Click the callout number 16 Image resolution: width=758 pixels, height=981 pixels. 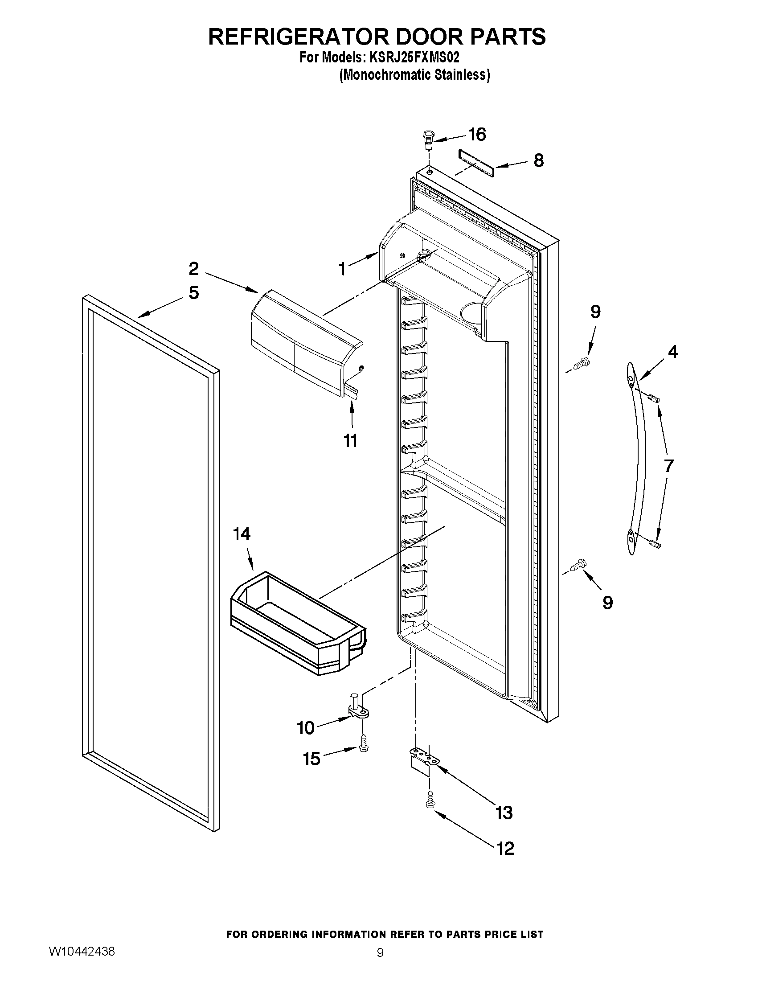477,134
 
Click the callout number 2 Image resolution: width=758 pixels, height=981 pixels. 193,269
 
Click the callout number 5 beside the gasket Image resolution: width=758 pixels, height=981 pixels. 193,293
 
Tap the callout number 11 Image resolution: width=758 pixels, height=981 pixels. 351,441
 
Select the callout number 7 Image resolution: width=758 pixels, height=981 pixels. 668,466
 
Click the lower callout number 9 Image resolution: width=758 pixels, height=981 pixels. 607,603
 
